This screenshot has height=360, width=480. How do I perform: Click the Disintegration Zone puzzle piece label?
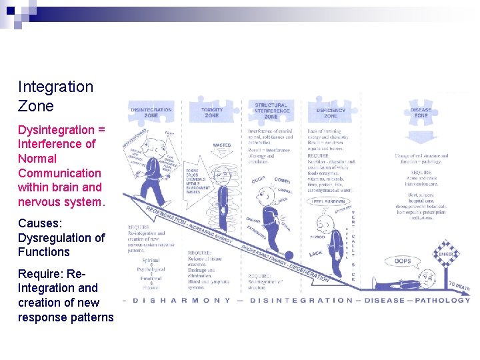coord(151,112)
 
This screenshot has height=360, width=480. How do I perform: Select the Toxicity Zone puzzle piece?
coord(212,111)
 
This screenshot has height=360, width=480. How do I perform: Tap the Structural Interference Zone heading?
coord(271,111)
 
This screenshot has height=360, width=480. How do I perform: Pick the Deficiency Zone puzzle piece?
coord(331,112)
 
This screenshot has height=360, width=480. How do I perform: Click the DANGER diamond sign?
coord(445,255)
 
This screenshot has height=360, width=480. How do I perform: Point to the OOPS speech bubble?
coord(403,261)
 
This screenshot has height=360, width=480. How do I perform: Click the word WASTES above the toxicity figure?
coord(222,145)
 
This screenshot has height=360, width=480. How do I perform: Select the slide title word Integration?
coord(55,87)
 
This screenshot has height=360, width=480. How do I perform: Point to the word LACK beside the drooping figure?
coord(316,254)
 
